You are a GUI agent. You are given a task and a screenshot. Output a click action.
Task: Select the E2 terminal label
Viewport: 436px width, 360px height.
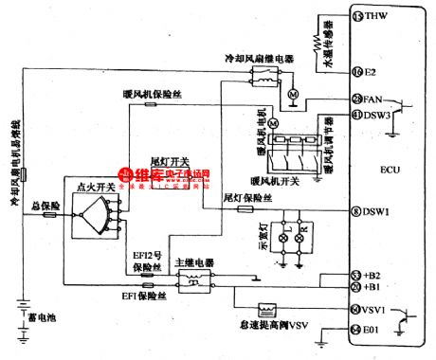pyautogui.click(x=370, y=72)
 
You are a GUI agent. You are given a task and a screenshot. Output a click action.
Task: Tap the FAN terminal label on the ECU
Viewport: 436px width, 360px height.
pyautogui.click(x=373, y=99)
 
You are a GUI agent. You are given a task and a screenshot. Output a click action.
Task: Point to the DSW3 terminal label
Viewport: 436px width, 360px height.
pyautogui.click(x=377, y=115)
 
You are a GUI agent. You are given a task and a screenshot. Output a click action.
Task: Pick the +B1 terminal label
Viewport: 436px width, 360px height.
pyautogui.click(x=372, y=285)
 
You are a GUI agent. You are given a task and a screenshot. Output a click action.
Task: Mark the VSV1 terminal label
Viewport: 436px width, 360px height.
pyautogui.click(x=375, y=310)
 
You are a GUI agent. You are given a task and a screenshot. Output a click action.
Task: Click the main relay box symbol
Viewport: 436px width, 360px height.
pyautogui.click(x=193, y=281)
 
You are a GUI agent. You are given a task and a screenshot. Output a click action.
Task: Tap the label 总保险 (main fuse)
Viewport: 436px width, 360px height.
pyautogui.click(x=45, y=205)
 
